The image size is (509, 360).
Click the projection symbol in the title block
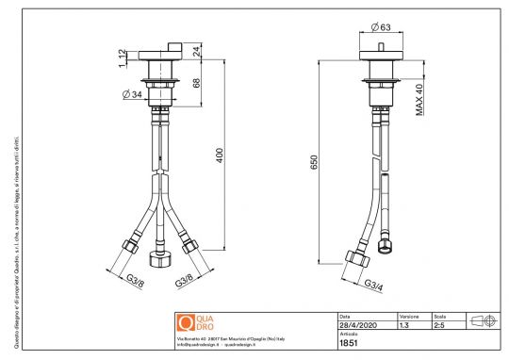point(484,320)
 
